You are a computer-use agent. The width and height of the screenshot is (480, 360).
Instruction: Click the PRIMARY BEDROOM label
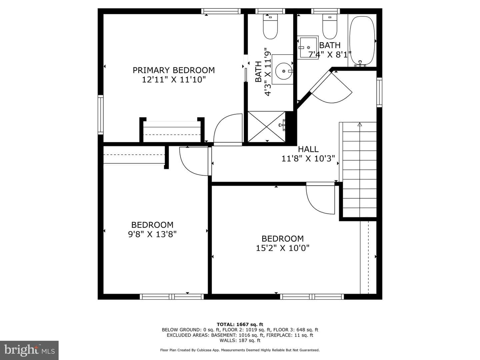[174, 70]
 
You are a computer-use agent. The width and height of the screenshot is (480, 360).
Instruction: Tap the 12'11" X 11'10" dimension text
[174, 80]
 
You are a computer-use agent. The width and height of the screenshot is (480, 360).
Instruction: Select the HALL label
[308, 149]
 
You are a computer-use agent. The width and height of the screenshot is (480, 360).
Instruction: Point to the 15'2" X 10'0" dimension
[283, 248]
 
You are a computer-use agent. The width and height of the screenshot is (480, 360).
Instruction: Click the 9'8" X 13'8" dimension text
[152, 234]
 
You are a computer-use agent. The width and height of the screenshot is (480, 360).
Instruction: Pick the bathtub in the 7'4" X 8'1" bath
[362, 41]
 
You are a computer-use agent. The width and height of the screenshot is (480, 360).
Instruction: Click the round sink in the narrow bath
[284, 71]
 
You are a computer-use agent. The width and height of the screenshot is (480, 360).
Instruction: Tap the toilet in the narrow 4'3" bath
[270, 27]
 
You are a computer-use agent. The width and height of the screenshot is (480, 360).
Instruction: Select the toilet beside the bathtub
[330, 27]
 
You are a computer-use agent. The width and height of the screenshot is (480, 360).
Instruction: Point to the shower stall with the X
[266, 127]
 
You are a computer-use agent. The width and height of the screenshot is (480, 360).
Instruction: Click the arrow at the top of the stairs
[360, 125]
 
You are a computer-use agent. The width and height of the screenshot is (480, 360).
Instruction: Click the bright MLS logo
[29, 350]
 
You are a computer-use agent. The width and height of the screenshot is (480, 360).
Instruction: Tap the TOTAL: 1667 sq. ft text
[240, 324]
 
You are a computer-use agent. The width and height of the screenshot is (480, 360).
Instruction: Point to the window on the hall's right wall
[379, 92]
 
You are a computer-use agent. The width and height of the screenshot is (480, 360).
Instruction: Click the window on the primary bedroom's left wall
[100, 115]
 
